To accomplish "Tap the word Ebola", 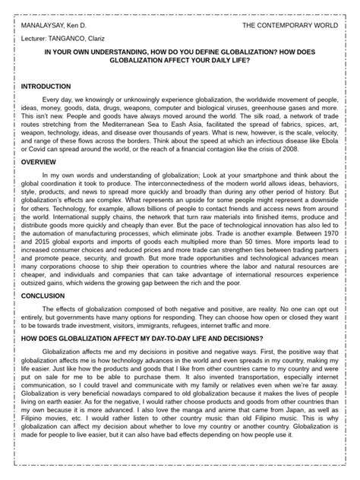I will pyautogui.click(x=336, y=142).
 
